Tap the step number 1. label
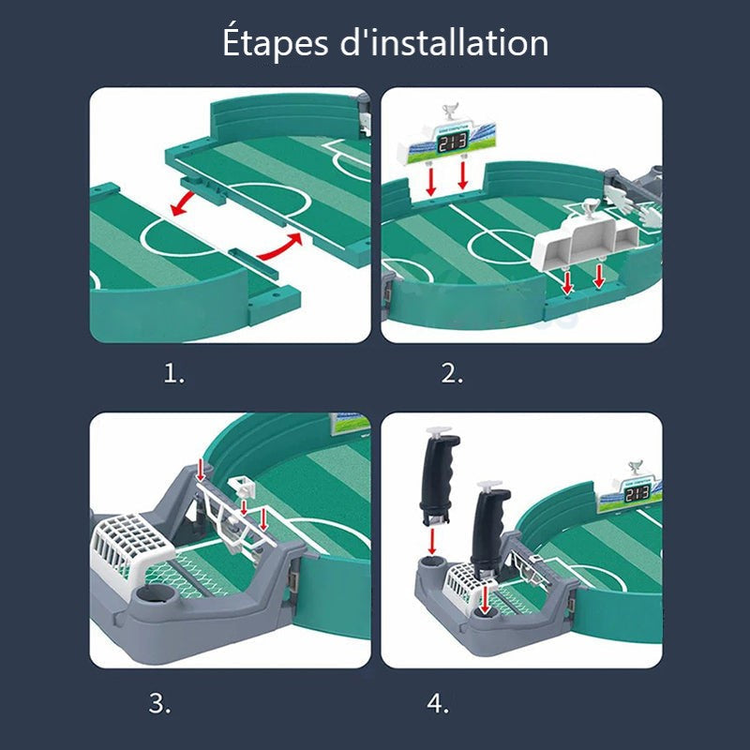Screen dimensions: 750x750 (174, 374)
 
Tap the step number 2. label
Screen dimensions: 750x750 (453, 374)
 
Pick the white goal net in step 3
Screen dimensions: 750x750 (130, 548)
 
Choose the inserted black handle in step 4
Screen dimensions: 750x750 (488, 530)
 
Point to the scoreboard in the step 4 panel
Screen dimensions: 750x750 (637, 490)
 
